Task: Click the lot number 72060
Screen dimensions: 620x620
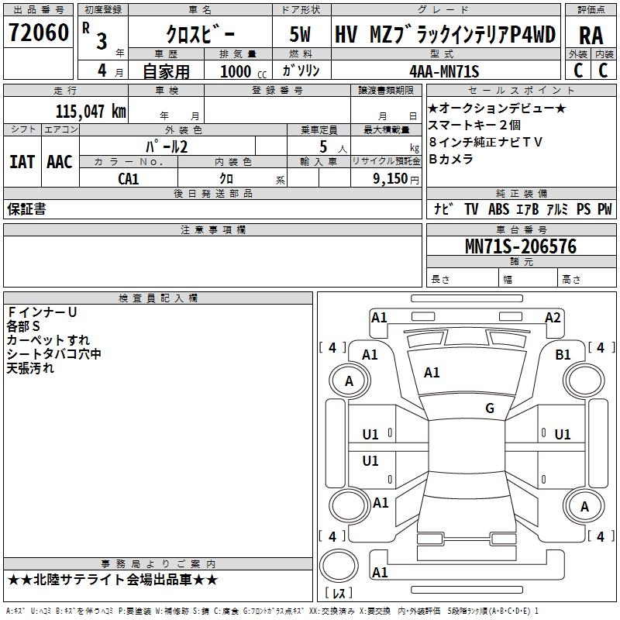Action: [38, 33]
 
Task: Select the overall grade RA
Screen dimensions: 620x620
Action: [591, 36]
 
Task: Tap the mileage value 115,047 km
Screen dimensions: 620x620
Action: [91, 111]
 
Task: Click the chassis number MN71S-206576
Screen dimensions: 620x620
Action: [521, 246]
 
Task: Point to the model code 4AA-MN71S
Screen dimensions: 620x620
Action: [444, 71]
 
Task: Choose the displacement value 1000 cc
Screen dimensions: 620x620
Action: [243, 72]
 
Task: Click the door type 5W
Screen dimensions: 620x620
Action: [300, 34]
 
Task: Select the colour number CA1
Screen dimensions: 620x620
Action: [129, 179]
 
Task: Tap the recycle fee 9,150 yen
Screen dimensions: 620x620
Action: [396, 179]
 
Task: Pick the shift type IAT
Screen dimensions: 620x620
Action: [22, 162]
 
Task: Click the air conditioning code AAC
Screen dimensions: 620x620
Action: [60, 162]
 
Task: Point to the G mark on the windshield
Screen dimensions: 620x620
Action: [490, 408]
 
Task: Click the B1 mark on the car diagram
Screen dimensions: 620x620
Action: [563, 355]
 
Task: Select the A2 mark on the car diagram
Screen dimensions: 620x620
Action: [553, 318]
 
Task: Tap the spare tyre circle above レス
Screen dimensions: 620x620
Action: [339, 566]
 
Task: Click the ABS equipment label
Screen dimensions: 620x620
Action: [498, 209]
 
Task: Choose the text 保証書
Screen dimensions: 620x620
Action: [26, 208]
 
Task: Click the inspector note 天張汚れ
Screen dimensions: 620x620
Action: [30, 368]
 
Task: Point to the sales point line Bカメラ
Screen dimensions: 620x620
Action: [451, 159]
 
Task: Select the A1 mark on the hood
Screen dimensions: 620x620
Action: [432, 373]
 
